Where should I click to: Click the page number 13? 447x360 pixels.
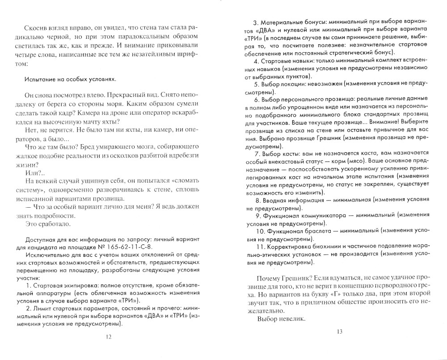(338, 331)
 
